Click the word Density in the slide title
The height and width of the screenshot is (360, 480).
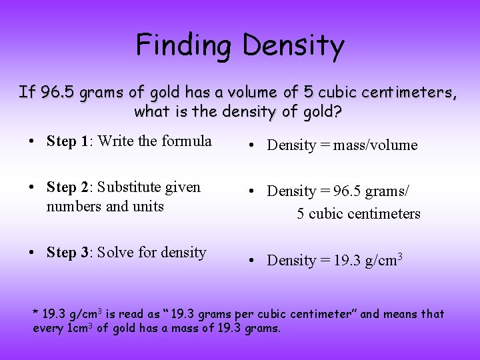point(293,45)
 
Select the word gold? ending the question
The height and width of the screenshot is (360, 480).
point(321,111)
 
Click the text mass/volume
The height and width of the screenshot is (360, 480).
point(376,145)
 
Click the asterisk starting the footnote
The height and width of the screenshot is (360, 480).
point(36,313)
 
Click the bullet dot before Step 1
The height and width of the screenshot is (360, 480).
point(32,142)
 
